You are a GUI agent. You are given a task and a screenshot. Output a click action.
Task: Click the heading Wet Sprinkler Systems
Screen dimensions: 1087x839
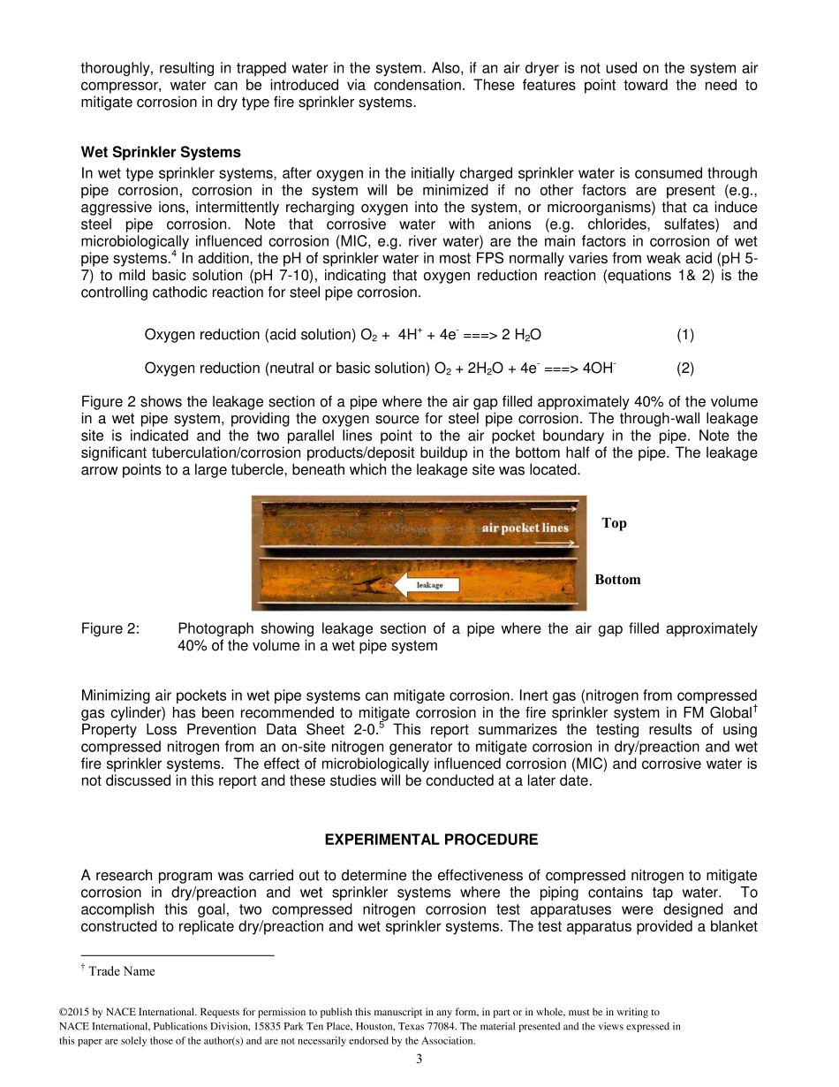pos(161,152)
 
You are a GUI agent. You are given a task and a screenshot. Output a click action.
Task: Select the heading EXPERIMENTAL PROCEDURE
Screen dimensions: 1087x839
pos(431,839)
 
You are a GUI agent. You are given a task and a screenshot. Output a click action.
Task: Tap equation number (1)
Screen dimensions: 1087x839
pos(685,334)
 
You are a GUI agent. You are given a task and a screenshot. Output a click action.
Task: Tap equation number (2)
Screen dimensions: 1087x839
pos(685,368)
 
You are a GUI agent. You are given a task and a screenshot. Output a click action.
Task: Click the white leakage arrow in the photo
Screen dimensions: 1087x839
pos(428,585)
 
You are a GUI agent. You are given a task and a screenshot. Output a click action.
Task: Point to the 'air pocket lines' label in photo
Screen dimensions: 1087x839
pos(525,528)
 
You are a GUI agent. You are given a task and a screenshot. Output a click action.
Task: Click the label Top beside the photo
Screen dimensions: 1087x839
pos(614,523)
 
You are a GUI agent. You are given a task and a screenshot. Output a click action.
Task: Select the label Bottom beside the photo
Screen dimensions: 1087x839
pos(617,580)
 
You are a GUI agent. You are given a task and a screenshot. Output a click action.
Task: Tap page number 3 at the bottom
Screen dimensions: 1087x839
pos(419,1060)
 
